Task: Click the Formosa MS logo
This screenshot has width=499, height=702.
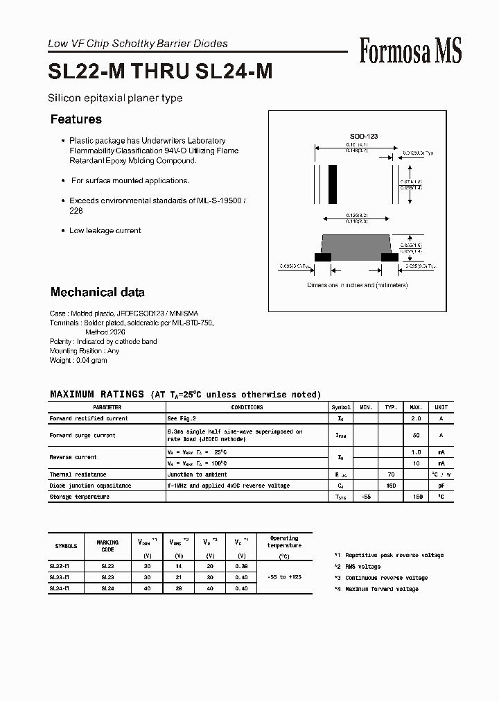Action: [410, 51]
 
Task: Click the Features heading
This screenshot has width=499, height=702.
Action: [76, 119]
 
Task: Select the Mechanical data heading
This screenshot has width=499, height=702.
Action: [97, 292]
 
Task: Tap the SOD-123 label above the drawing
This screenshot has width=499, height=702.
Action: [363, 137]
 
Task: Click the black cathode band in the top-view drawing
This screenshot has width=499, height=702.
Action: [333, 183]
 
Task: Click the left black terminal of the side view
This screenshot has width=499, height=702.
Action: [322, 257]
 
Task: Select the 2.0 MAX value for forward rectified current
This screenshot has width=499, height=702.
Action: [417, 418]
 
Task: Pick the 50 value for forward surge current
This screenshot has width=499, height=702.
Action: [417, 435]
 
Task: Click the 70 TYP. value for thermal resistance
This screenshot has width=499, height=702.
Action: [391, 474]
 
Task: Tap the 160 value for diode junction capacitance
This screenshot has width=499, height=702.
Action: [391, 486]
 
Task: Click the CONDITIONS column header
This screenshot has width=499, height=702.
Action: [247, 407]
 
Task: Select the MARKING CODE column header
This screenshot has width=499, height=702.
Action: [107, 545]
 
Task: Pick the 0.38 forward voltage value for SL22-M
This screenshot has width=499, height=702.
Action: [240, 566]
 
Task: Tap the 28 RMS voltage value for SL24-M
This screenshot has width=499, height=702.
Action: [180, 588]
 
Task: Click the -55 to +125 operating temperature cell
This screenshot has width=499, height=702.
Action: [283, 577]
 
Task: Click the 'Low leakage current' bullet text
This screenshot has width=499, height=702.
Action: [105, 230]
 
